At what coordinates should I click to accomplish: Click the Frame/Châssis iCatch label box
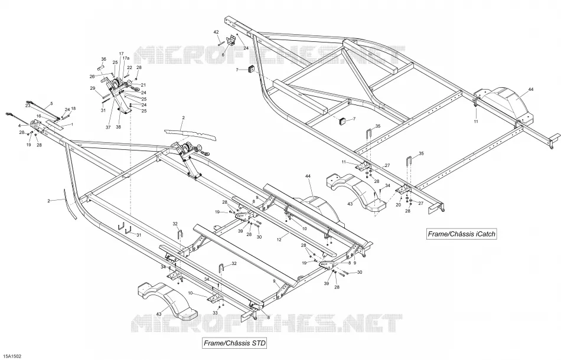(462, 234)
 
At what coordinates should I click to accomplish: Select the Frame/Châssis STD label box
(234, 343)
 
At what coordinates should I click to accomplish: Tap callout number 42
(216, 32)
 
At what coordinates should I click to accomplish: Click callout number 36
(104, 60)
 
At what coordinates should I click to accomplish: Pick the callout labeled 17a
(126, 58)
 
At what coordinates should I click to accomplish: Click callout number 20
(398, 205)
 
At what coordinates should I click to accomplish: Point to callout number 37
(109, 127)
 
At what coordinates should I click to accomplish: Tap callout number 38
(119, 127)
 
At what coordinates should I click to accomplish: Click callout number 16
(39, 116)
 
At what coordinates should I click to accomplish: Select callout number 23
(28, 106)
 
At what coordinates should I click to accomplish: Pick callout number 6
(223, 55)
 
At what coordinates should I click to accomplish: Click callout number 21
(143, 85)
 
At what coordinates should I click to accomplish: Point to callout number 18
(73, 109)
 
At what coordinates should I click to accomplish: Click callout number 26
(92, 77)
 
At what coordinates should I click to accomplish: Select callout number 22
(129, 67)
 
